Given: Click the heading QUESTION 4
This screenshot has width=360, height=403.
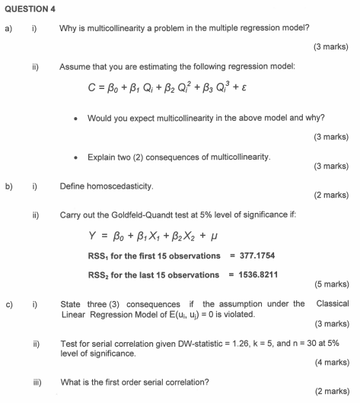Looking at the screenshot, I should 27,8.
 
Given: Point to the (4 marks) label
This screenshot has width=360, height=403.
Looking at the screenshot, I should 331,363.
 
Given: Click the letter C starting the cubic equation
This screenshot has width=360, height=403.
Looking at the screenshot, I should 91,88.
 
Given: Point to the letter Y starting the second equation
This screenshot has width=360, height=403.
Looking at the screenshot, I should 92,235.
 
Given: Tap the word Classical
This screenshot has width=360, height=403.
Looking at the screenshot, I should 333,304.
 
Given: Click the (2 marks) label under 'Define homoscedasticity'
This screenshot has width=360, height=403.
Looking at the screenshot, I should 331,195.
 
